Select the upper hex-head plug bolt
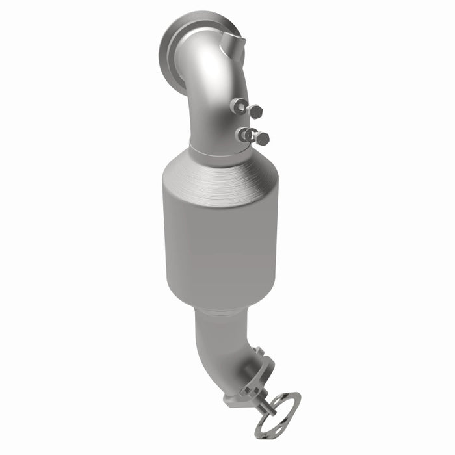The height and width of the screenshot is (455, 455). [x=255, y=111]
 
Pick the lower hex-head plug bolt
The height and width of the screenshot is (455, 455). [x=262, y=138]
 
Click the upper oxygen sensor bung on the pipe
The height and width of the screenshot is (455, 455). [x=239, y=106]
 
